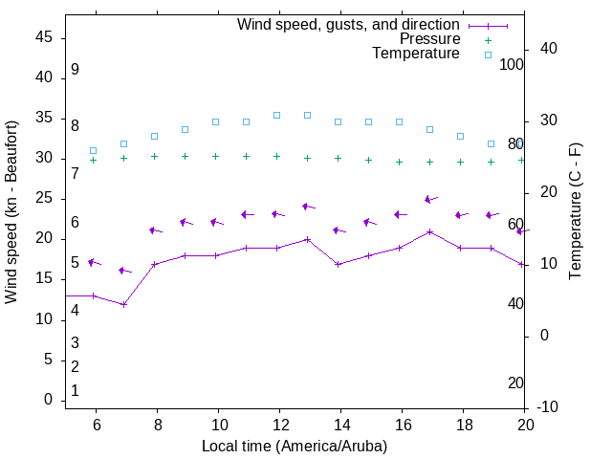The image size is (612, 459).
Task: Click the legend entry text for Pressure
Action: click(429, 39)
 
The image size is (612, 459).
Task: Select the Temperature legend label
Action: click(416, 54)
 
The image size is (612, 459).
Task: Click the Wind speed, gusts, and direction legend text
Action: click(349, 25)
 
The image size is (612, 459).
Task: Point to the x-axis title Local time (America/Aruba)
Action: click(295, 446)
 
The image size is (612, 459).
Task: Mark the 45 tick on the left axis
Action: click(45, 37)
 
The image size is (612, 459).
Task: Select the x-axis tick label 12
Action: click(279, 425)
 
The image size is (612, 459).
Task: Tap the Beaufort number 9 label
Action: click(75, 70)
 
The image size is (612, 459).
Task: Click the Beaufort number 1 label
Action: click(75, 390)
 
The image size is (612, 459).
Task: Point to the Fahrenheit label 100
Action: click(512, 64)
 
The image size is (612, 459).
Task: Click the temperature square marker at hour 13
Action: click(307, 115)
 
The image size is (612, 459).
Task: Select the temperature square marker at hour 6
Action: click(93, 150)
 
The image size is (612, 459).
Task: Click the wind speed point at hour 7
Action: click(123, 304)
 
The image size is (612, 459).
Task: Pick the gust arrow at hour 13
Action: click(308, 206)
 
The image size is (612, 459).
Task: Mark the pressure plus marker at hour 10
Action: click(215, 156)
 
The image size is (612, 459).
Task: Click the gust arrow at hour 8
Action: click(155, 230)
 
